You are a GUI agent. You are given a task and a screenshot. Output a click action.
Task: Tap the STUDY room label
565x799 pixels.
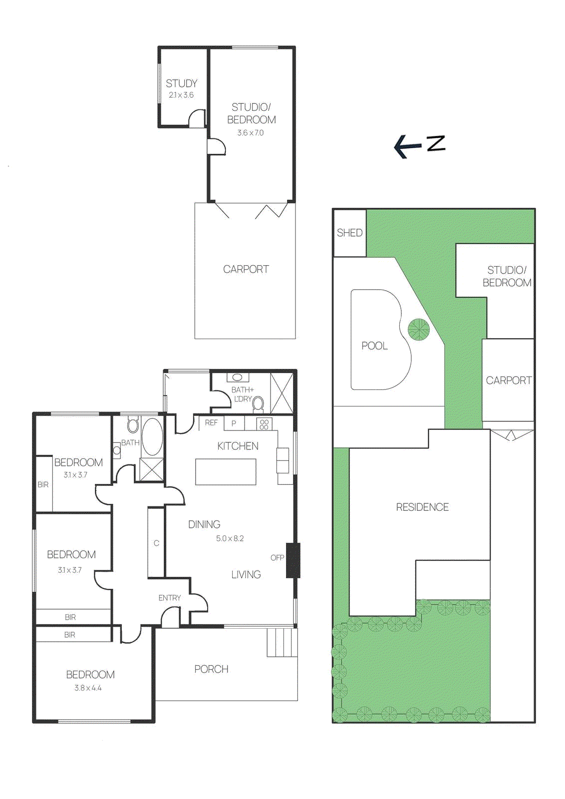point(181,83)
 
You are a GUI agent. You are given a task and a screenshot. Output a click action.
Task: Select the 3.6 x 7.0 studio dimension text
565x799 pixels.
point(250,133)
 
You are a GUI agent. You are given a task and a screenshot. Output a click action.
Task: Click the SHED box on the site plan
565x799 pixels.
point(349,233)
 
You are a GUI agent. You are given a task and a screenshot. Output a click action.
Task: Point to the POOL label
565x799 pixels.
point(374,346)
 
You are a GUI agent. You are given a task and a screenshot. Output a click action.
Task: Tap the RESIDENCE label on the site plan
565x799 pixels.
point(422,507)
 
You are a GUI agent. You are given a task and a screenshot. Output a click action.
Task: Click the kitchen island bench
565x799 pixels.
point(226,472)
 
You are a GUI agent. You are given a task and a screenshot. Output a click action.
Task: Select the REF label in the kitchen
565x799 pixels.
point(211,423)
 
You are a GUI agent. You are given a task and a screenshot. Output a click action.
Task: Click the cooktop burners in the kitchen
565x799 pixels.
point(264,424)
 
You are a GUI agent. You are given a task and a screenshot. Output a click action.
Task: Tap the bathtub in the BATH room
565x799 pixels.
point(152,436)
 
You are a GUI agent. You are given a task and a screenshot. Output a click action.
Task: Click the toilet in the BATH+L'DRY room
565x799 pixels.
point(258,403)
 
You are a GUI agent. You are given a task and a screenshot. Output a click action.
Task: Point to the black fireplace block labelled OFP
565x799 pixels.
point(293,560)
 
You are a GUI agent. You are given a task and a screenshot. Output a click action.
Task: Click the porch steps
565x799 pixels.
point(282,642)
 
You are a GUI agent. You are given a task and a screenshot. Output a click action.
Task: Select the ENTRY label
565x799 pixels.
point(170,598)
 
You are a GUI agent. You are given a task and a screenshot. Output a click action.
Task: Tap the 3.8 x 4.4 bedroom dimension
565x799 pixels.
point(88,688)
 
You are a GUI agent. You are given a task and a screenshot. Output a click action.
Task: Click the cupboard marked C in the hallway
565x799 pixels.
point(156,543)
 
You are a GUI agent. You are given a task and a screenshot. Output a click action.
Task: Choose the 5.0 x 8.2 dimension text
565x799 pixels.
point(230,538)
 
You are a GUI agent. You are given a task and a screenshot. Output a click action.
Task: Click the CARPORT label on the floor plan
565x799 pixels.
point(246,270)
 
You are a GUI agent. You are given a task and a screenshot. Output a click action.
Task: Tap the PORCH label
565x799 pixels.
point(211,669)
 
